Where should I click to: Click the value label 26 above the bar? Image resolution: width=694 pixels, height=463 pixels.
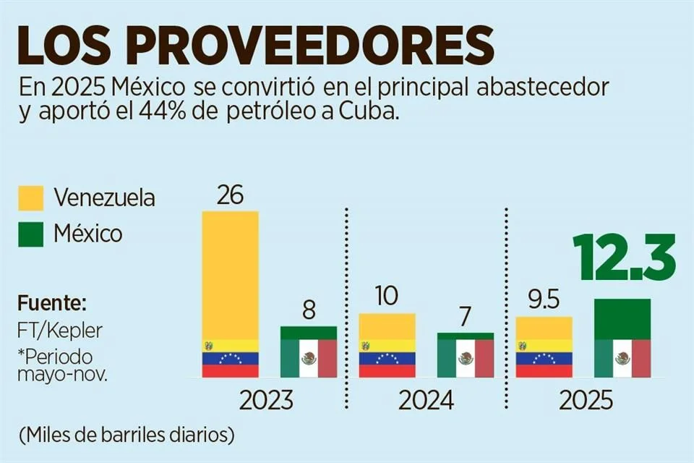point(230,195)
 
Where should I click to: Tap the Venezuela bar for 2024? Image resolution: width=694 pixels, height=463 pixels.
point(387,345)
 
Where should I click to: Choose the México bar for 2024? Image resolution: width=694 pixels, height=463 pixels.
point(466,355)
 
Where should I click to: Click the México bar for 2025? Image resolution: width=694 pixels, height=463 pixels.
point(622,338)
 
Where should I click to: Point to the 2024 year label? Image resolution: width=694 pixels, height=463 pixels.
point(426,400)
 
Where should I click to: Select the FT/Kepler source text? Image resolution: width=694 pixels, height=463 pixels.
point(61,330)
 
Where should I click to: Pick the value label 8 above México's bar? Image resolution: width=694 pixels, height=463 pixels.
point(308,311)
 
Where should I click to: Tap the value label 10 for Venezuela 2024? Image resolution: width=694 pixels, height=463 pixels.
point(387,297)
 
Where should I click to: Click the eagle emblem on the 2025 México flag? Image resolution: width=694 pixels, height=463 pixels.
point(622,358)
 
